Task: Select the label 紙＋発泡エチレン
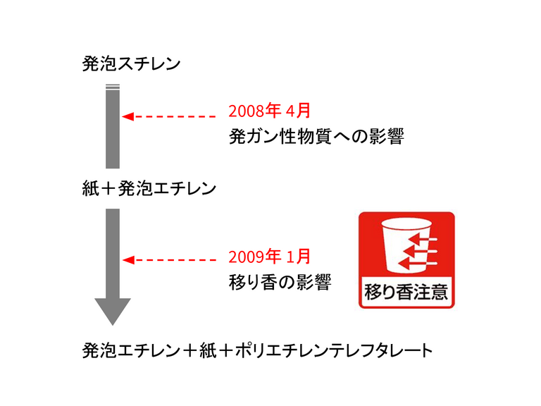point(149,189)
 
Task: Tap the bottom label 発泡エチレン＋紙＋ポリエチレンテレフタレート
point(257,350)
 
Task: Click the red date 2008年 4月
point(269,111)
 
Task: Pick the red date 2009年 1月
point(269,257)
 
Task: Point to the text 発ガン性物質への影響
point(316,136)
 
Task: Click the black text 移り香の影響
point(280,281)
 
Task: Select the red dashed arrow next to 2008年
point(169,116)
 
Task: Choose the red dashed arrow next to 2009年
point(169,259)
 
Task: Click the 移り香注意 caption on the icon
point(406,292)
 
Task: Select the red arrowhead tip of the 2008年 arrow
point(126,116)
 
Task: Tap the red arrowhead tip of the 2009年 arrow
point(126,259)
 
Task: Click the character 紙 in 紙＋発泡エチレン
point(89,189)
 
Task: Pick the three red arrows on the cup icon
point(419,252)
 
